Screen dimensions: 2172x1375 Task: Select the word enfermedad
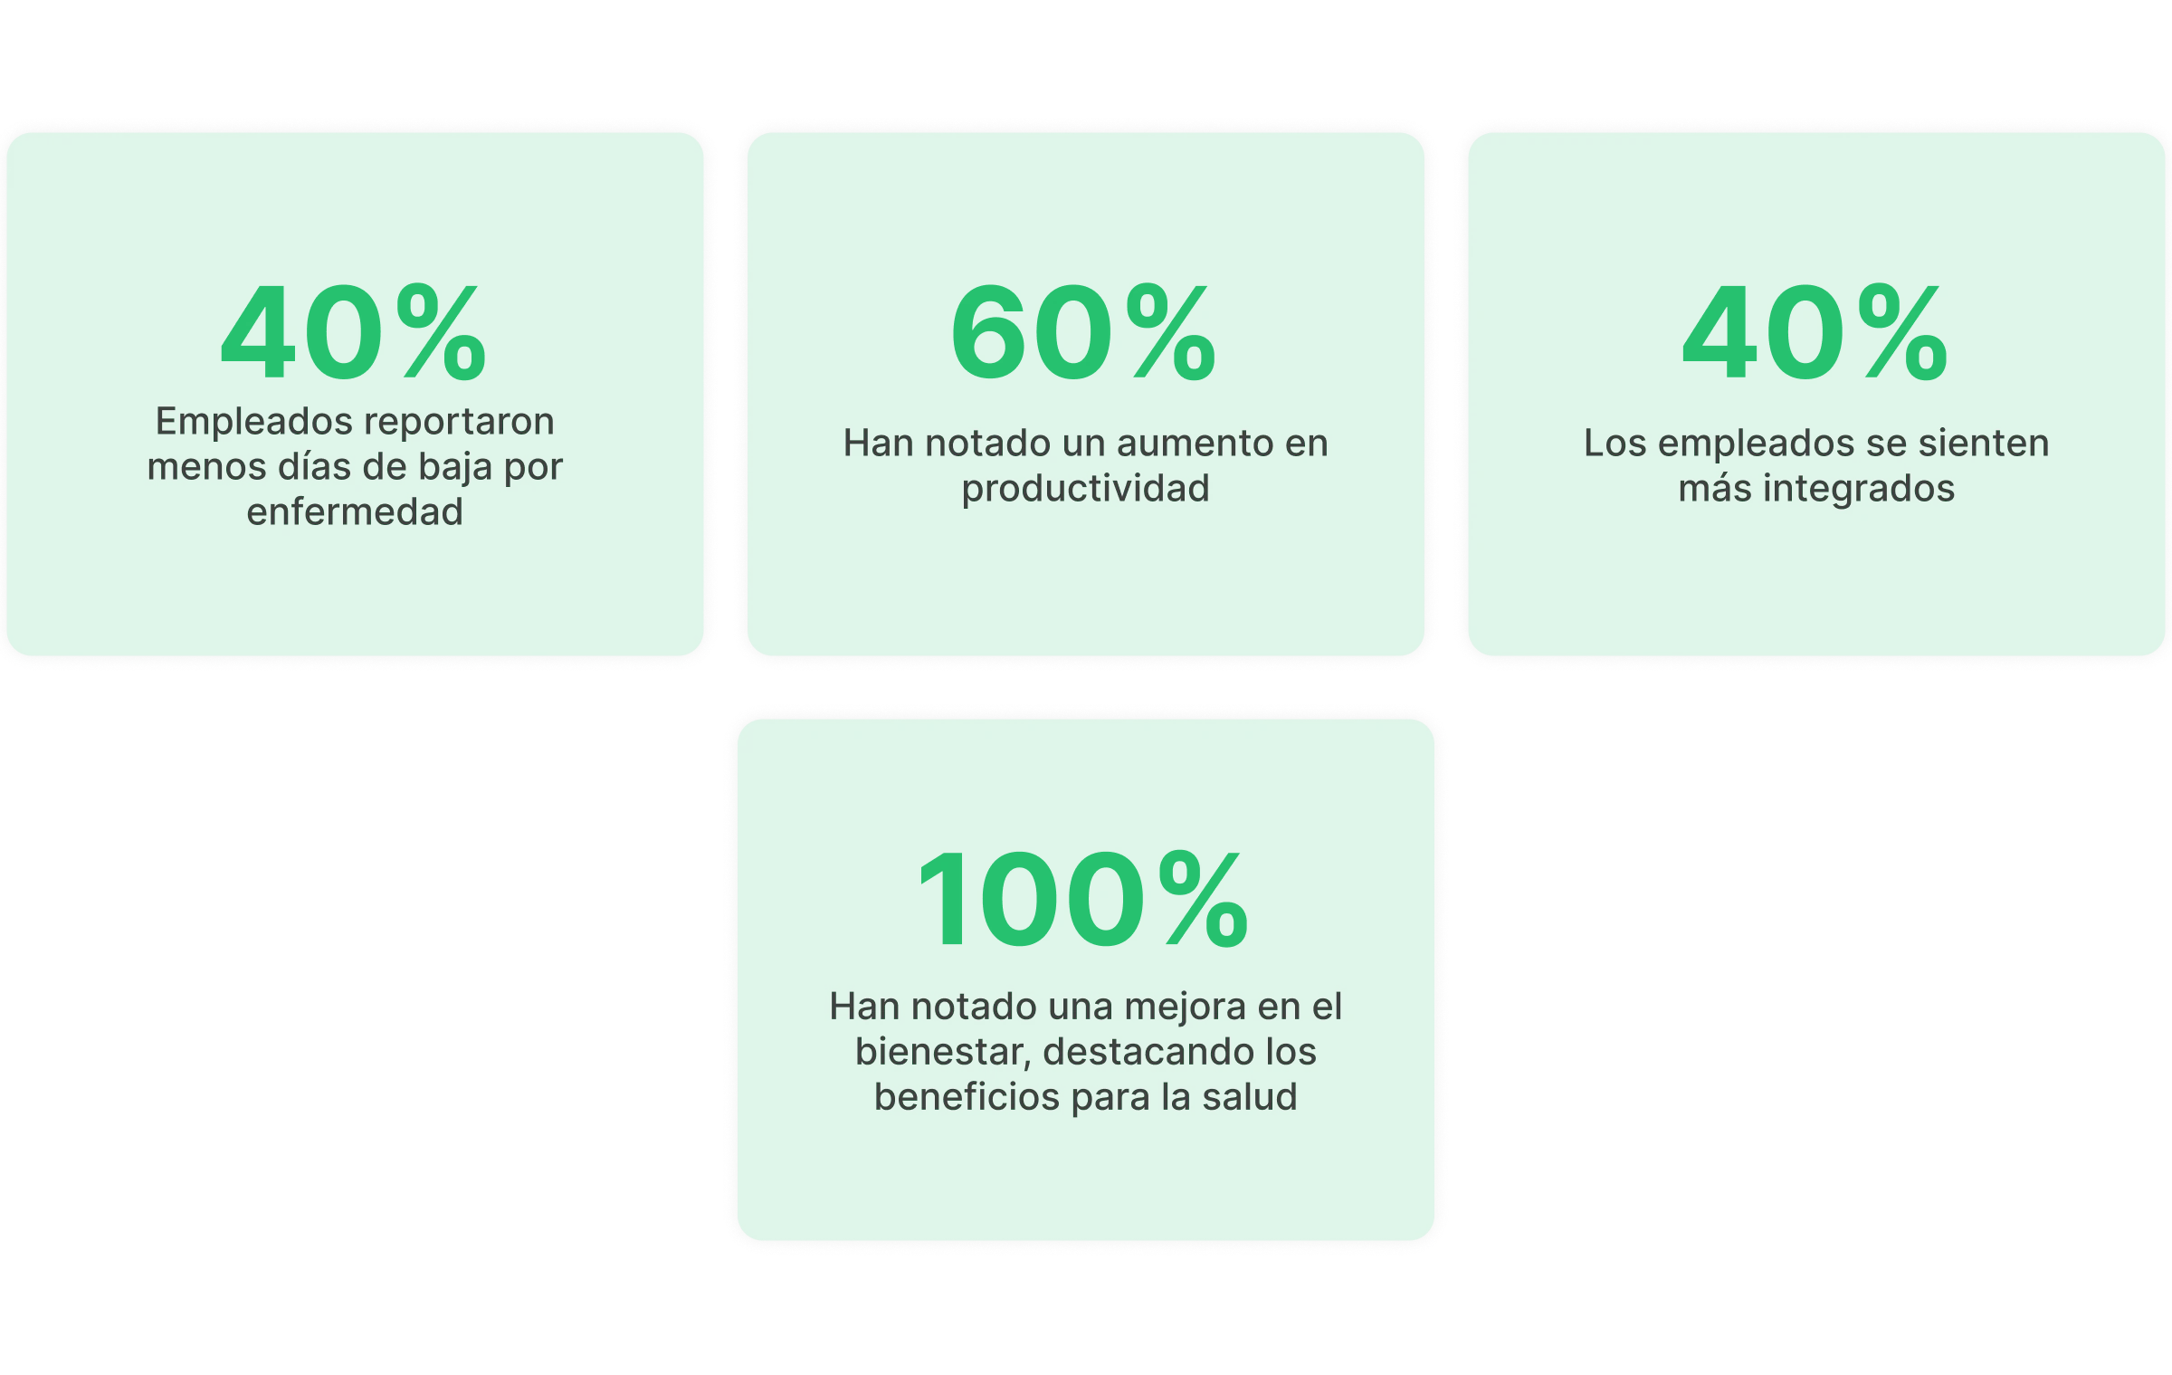(355, 512)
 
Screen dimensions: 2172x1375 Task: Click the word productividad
(1085, 489)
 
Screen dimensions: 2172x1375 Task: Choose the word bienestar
(941, 1052)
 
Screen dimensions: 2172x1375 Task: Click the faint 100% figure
(1082, 900)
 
